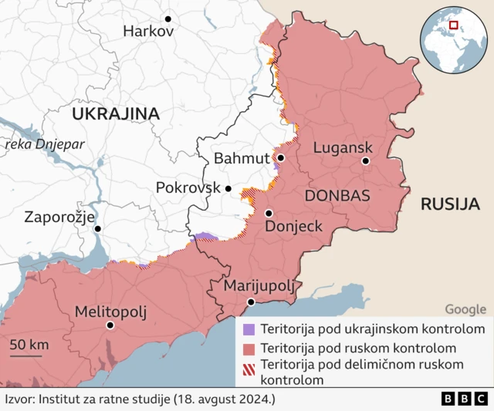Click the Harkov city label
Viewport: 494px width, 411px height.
point(148,32)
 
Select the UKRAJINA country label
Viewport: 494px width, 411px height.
point(116,114)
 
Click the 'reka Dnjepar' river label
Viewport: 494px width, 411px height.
point(43,144)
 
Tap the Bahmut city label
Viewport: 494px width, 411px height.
point(242,158)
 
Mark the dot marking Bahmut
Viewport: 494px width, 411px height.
point(281,158)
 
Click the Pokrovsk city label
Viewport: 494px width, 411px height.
point(188,187)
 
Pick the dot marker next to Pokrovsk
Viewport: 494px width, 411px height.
point(228,188)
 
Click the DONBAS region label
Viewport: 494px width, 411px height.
point(337,195)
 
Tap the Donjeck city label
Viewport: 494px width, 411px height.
point(293,227)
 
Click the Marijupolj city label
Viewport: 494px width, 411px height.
point(259,286)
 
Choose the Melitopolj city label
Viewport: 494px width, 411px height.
point(110,312)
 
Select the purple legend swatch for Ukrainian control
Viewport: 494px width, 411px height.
point(248,329)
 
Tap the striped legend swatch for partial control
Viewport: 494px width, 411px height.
point(248,365)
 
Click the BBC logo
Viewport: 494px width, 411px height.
point(465,399)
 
